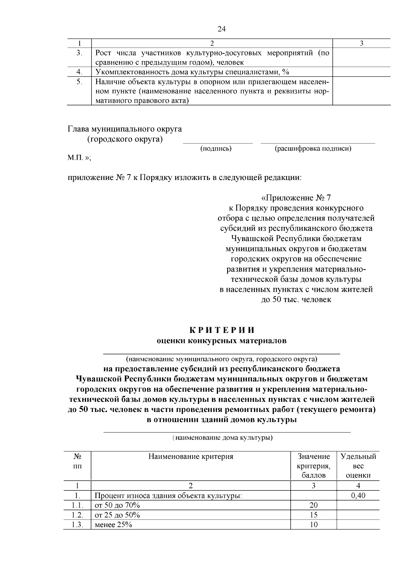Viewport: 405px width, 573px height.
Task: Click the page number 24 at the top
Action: (x=221, y=29)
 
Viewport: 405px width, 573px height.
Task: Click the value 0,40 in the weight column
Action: (x=358, y=496)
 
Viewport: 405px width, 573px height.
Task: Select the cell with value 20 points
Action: (x=314, y=505)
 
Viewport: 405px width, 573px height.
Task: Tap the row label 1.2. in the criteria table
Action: (x=77, y=515)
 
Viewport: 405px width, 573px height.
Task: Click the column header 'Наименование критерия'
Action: (x=191, y=457)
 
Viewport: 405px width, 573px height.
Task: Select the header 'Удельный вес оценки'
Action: (x=358, y=466)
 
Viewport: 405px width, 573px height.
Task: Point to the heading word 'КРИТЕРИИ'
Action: (x=221, y=330)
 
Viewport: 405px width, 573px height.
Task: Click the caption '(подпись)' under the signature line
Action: (x=216, y=149)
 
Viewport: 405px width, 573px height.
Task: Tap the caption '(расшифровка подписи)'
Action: (x=313, y=149)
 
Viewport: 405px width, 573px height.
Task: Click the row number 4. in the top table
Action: (x=79, y=72)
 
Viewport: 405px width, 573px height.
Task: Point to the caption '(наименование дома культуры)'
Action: (x=222, y=438)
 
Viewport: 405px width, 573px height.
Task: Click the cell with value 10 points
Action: (x=314, y=525)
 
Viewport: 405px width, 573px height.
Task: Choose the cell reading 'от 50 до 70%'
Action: (x=117, y=505)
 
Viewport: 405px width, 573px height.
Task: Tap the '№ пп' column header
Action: (x=77, y=461)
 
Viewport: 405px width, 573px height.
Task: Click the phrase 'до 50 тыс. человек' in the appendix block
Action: (x=296, y=299)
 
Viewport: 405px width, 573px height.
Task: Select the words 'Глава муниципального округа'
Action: (x=125, y=129)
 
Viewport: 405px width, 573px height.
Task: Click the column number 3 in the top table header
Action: (x=361, y=44)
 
